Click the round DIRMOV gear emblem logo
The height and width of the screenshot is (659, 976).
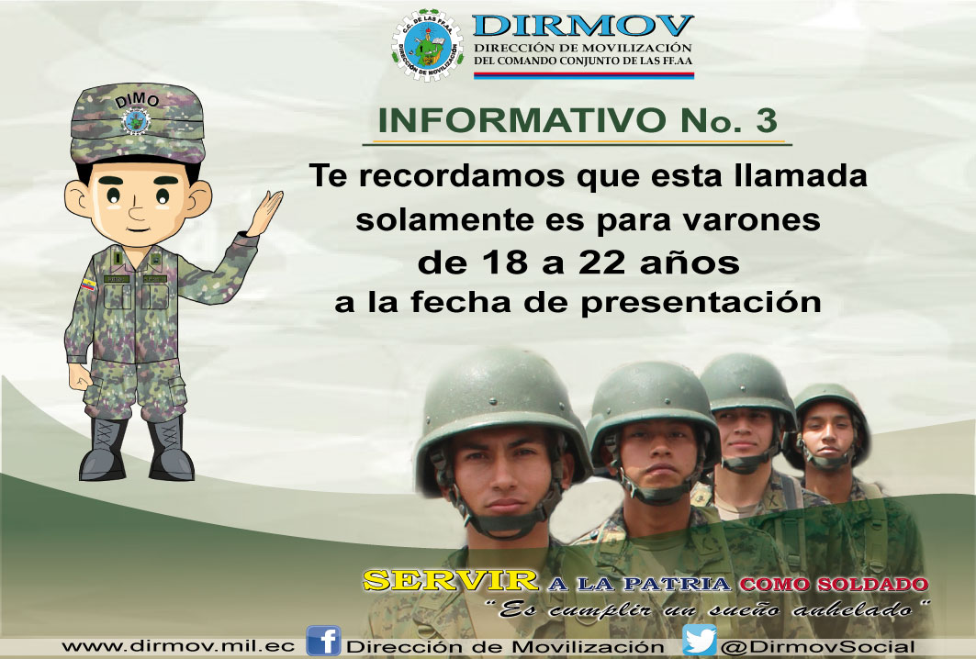428,45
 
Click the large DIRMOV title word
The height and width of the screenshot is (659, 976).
583,26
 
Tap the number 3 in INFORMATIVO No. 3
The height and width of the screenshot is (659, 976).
767,120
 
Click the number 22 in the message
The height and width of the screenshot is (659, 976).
602,262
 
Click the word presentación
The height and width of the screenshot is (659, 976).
701,304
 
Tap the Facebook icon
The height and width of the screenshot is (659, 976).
324,641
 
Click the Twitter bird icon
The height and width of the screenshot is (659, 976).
700,641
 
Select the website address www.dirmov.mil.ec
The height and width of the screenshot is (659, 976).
178,646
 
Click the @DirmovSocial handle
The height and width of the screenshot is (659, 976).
818,647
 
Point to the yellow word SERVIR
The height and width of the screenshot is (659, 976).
451,581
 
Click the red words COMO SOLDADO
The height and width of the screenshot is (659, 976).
834,585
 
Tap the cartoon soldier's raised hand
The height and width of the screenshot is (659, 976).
265,212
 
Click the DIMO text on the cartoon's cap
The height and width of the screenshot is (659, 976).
137,99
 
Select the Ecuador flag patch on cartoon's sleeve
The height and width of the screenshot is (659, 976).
88,285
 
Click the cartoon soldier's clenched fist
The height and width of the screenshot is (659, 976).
80,376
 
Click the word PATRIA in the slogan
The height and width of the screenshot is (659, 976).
677,584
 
